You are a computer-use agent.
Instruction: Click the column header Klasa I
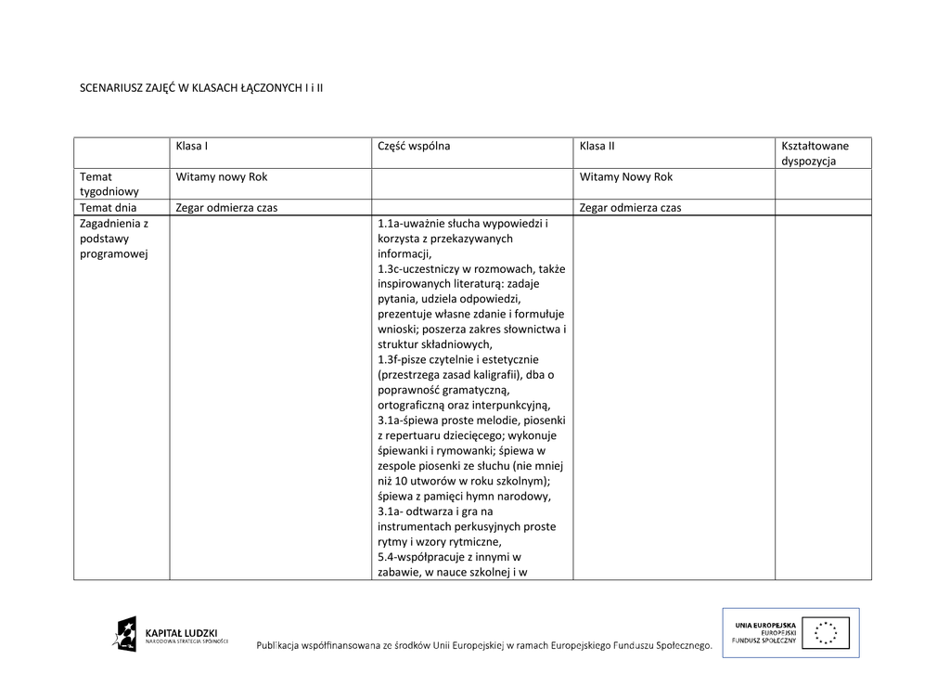[192, 146]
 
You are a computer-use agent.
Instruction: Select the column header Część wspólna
[414, 146]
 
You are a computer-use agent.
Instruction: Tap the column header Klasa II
[597, 146]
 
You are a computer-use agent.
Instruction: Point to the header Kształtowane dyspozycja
[815, 153]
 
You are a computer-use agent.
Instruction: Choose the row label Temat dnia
[109, 208]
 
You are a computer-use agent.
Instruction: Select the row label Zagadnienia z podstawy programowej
[114, 239]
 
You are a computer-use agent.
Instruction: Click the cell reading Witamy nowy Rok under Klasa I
[222, 176]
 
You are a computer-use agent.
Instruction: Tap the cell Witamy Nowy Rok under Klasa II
[626, 176]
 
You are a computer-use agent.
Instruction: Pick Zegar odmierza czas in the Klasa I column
[227, 208]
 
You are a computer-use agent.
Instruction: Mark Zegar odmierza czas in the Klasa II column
[630, 208]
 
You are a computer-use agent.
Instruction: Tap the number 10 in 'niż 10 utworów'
[400, 480]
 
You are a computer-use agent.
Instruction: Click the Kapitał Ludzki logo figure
[125, 634]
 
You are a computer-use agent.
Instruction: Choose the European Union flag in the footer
[828, 633]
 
